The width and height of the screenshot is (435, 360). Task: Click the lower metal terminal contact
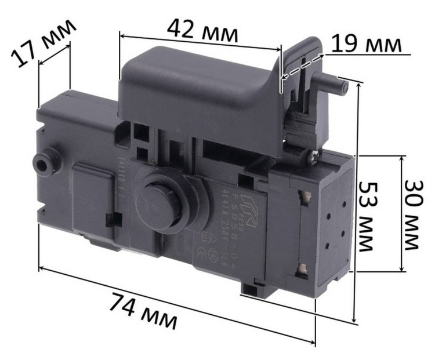point(302,268)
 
